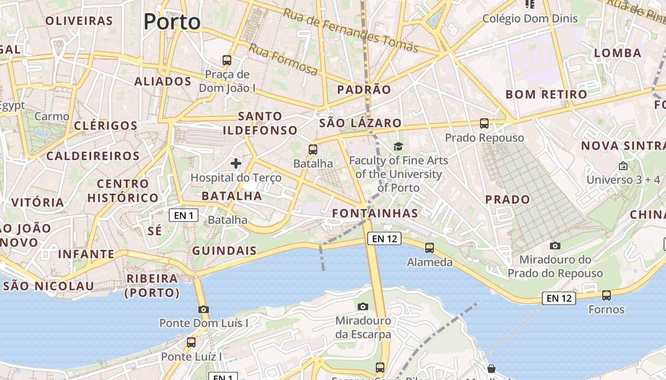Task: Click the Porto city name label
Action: (x=172, y=22)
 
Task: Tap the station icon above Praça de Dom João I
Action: (x=227, y=60)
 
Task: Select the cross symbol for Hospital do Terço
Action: (x=236, y=164)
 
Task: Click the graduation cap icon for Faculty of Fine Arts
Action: (x=398, y=146)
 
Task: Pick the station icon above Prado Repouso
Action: (x=484, y=123)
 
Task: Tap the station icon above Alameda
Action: (x=430, y=247)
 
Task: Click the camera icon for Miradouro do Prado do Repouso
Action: (x=555, y=246)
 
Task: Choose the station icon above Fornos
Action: (x=607, y=295)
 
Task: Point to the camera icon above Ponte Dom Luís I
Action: (x=204, y=309)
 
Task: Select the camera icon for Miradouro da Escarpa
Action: (x=363, y=306)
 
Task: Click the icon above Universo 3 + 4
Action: (x=623, y=166)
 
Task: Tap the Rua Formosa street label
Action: (x=283, y=59)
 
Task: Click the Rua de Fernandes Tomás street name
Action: (x=351, y=30)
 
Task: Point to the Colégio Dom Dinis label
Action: (x=530, y=19)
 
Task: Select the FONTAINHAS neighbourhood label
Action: (x=375, y=214)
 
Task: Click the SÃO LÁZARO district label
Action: (x=360, y=123)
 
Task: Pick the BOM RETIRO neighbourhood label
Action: (x=546, y=95)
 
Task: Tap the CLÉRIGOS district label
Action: (x=106, y=126)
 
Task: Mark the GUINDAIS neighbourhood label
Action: (x=224, y=251)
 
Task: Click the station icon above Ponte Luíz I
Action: (x=191, y=342)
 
